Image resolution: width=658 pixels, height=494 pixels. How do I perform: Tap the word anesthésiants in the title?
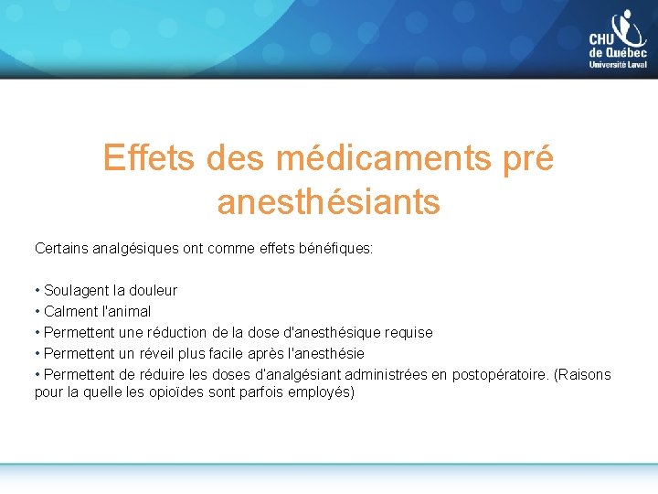328,202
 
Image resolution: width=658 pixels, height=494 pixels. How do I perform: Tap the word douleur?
154,290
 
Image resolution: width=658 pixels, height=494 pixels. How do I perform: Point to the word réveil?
144,353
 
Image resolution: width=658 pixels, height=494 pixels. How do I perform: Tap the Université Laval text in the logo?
619,65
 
